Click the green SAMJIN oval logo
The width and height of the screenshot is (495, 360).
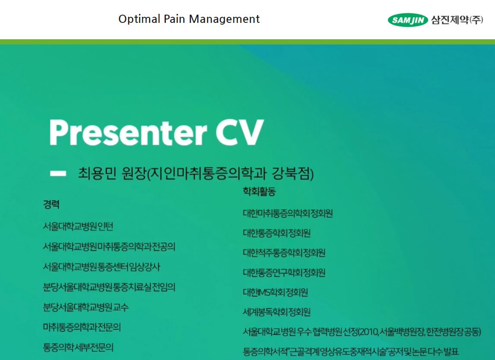(x=408, y=20)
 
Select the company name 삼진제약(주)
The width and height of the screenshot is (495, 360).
(x=457, y=20)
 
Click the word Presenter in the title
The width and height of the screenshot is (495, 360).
(x=128, y=132)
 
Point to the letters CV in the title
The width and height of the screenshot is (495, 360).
(x=240, y=132)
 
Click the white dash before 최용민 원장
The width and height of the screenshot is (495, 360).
(x=58, y=173)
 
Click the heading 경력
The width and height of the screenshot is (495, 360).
(x=51, y=205)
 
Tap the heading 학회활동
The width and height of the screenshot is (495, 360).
(x=259, y=191)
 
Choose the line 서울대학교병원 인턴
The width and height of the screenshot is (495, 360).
(x=78, y=226)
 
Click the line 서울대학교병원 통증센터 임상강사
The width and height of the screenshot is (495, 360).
(x=102, y=267)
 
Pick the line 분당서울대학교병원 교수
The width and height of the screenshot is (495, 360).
(x=86, y=307)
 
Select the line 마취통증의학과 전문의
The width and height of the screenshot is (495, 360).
(x=82, y=327)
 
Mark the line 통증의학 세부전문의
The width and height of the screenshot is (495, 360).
(x=78, y=347)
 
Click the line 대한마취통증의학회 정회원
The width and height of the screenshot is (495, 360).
(x=288, y=213)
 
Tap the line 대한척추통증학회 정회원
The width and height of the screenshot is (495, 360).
(x=284, y=253)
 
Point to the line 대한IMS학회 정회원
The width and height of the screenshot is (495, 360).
(x=275, y=292)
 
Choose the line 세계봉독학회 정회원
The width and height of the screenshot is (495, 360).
(x=276, y=312)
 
